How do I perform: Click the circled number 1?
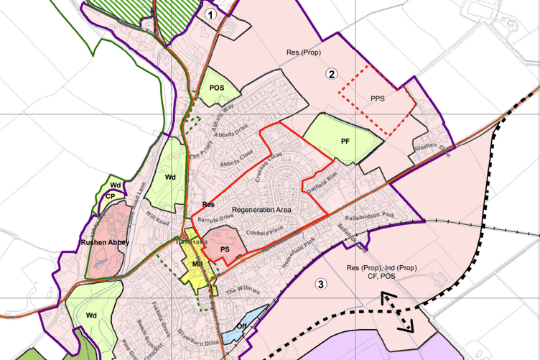click(x=210, y=14)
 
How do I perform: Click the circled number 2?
click(x=331, y=73)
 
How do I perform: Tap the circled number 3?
click(x=321, y=284)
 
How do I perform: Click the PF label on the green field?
click(x=345, y=141)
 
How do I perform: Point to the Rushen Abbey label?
click(x=105, y=243)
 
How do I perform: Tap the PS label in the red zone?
click(x=224, y=249)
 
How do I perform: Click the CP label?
click(x=111, y=195)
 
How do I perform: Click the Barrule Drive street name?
click(x=214, y=216)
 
